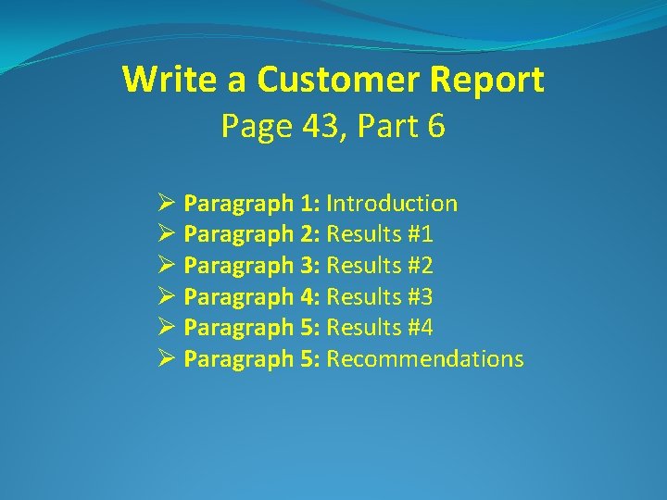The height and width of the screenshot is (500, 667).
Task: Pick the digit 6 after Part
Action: [x=436, y=127]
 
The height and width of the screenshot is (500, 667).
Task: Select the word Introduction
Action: [x=392, y=204]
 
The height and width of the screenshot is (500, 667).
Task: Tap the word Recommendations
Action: [x=425, y=359]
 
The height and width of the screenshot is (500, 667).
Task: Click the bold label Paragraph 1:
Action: [x=252, y=204]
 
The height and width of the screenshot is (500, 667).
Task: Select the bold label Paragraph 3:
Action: [x=252, y=267]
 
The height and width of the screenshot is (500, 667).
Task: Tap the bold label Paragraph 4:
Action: [x=252, y=297]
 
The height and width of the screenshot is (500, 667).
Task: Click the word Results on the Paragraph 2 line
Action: [x=364, y=235]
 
